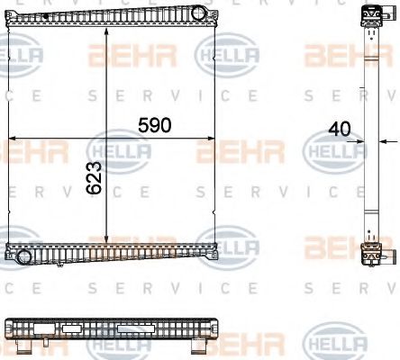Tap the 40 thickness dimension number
341,130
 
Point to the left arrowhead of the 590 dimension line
11,137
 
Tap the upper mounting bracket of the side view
369,16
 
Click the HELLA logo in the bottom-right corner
335,343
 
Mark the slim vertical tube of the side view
369,135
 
